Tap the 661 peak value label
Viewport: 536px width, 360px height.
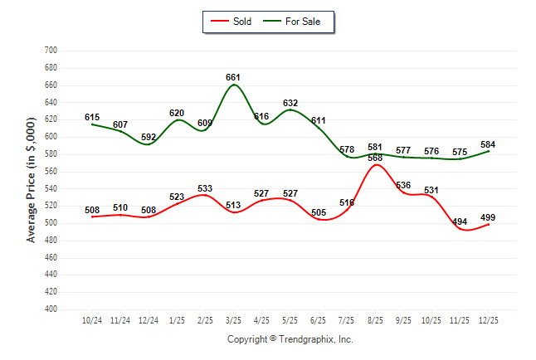click(233, 77)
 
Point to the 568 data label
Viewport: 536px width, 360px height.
click(375, 158)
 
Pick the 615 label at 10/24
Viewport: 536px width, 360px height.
click(92, 118)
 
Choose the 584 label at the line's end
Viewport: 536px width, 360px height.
click(488, 144)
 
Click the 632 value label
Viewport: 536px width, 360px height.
click(290, 104)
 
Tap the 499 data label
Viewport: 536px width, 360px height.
click(488, 217)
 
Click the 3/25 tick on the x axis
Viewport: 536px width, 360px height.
click(233, 320)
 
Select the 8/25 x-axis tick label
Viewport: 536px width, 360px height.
click(375, 320)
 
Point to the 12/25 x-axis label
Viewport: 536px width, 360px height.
click(488, 320)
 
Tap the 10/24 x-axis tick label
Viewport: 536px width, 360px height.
click(92, 320)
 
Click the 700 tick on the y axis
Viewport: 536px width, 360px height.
click(50, 51)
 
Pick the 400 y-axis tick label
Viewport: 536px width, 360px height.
click(50, 309)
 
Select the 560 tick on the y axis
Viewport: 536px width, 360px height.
click(50, 172)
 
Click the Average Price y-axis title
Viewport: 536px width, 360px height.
click(32, 180)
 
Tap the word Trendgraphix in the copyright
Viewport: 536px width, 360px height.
click(309, 339)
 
